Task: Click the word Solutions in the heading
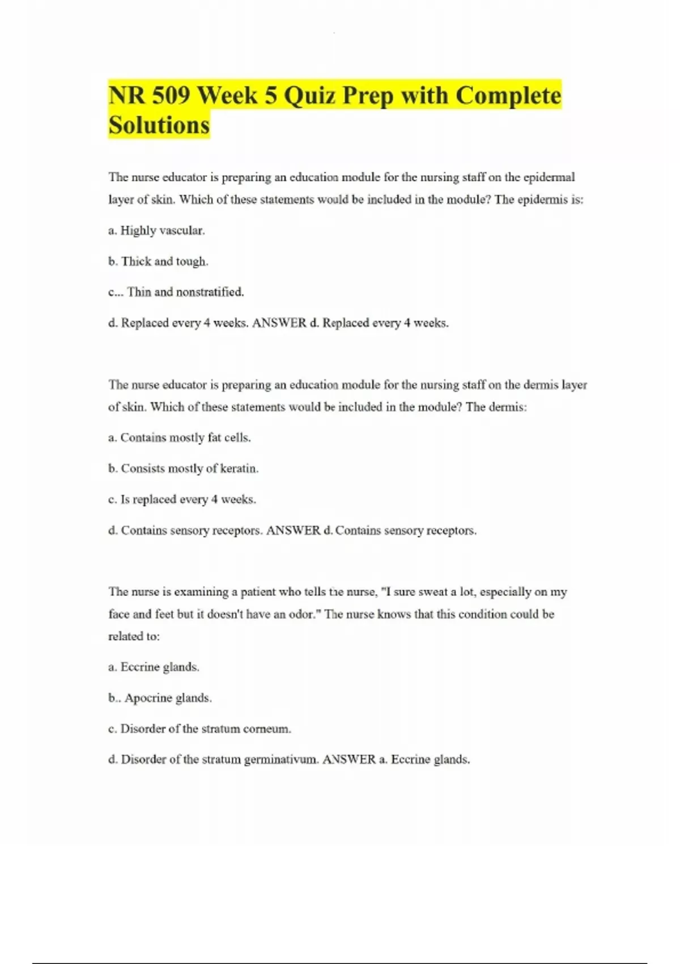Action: point(159,125)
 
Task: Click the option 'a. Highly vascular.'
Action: point(156,231)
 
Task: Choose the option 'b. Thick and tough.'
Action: point(158,261)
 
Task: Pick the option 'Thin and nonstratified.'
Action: point(185,292)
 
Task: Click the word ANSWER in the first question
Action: point(279,323)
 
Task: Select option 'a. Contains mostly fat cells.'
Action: point(180,438)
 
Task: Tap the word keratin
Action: point(239,469)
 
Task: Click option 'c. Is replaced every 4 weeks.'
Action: point(182,500)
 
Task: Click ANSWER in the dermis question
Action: point(293,531)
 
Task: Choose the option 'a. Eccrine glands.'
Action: point(154,667)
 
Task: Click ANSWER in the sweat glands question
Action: point(349,760)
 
